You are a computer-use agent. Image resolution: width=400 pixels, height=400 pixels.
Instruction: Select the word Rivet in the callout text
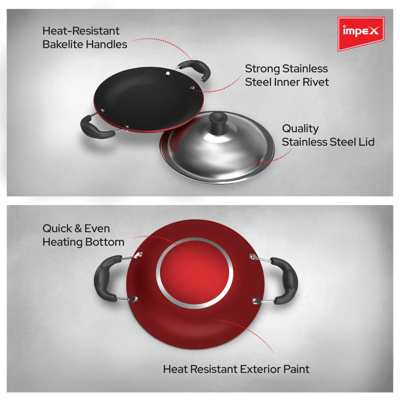pos(314,82)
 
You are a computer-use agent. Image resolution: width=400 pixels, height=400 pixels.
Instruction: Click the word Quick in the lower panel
pos(56,228)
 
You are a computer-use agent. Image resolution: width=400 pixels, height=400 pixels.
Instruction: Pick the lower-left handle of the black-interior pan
pos(95,128)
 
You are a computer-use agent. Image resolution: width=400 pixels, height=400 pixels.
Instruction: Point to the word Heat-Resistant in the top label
pos(81,31)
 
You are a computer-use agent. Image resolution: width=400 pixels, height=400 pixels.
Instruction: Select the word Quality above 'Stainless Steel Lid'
pos(300,128)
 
